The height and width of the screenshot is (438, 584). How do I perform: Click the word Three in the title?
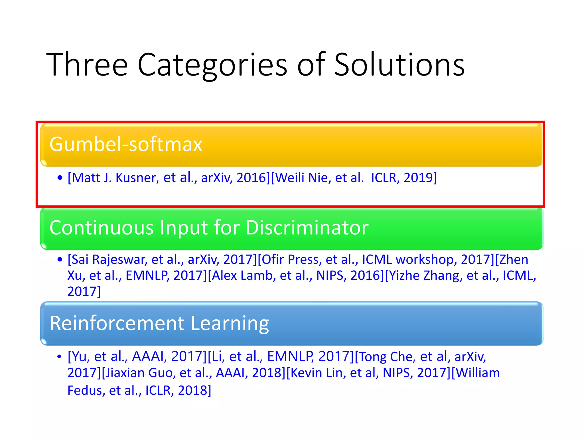click(87, 65)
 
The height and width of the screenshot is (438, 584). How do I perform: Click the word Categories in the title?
click(212, 65)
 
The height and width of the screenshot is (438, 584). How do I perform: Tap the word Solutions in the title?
click(399, 65)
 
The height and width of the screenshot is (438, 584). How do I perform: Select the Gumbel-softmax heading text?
click(126, 144)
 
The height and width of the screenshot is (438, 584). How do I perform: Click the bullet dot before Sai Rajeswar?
click(60, 259)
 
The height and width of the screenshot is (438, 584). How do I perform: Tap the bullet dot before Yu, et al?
click(59, 356)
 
